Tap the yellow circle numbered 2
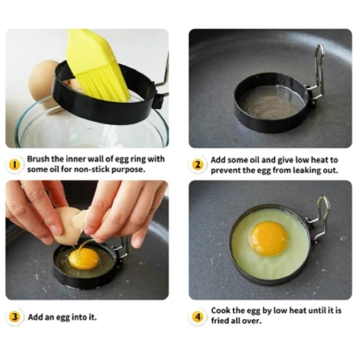(x=198, y=165)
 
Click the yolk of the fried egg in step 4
(x=269, y=238)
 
